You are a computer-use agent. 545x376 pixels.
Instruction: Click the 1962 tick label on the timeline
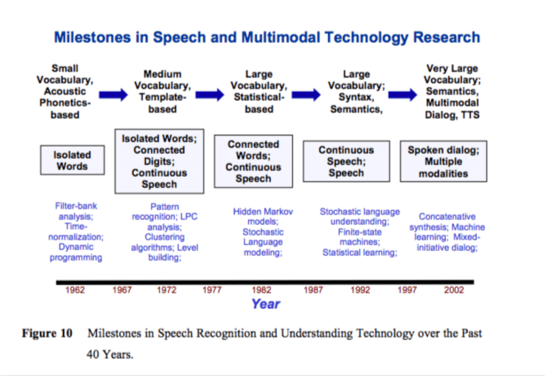(75, 290)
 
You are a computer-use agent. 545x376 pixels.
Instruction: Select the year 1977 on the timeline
(213, 290)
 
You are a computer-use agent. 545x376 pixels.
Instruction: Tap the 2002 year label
(454, 290)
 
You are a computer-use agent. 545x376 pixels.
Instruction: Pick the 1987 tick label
(313, 290)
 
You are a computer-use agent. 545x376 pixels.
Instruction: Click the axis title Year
(265, 304)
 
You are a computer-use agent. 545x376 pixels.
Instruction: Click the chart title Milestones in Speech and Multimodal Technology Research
(267, 38)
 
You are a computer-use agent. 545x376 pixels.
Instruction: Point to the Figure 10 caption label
(47, 334)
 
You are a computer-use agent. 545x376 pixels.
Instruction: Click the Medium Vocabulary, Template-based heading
(162, 92)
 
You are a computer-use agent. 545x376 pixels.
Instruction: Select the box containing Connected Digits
(159, 161)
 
